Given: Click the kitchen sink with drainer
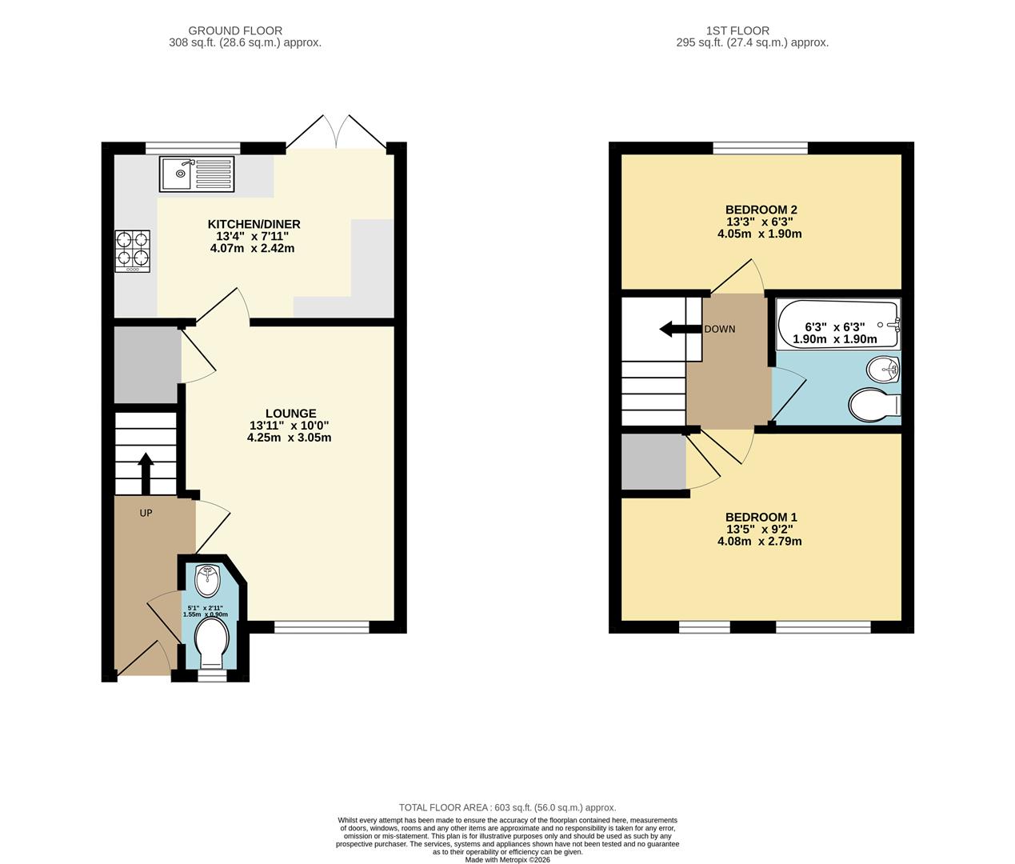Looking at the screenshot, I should click(197, 174).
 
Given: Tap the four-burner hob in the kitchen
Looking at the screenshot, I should click(132, 250).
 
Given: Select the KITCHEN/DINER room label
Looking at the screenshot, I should click(254, 224).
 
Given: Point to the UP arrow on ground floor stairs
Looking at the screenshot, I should click(146, 474).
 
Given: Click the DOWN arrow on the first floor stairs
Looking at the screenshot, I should click(673, 329).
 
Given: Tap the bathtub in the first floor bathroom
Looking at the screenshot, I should click(837, 324).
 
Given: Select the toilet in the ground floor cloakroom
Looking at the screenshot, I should click(212, 643).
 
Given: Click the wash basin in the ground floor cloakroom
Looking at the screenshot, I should click(207, 581).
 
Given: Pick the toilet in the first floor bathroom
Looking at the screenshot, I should click(874, 405).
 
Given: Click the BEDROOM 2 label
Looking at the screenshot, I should click(761, 210).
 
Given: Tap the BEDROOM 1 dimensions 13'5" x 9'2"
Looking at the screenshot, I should click(760, 529).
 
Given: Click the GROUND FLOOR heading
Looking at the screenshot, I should click(235, 30).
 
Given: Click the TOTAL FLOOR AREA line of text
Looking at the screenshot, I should click(507, 808).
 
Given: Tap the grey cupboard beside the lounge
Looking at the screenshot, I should click(146, 365).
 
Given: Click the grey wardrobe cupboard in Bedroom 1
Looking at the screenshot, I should click(653, 462).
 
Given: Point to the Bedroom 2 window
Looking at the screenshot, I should click(760, 147).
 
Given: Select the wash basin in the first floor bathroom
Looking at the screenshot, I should click(883, 369).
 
